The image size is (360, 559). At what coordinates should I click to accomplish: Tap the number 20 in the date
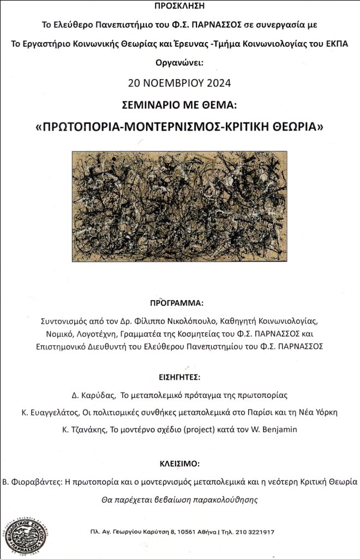[x=134, y=83]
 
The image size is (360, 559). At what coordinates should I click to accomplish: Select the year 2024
[x=218, y=83]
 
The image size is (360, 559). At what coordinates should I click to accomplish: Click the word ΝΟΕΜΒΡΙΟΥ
[x=173, y=83]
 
